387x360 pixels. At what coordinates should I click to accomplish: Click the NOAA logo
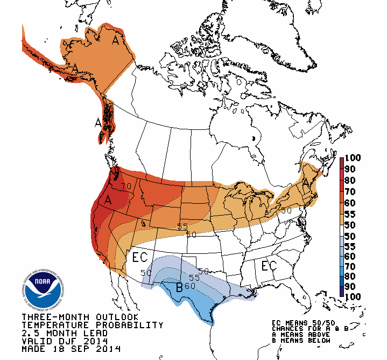point(44,289)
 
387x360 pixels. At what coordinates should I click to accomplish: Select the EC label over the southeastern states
point(269,266)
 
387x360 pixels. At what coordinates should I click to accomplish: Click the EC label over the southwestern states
point(140,257)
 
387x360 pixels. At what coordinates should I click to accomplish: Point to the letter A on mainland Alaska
point(115,40)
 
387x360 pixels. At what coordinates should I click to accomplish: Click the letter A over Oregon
point(108,199)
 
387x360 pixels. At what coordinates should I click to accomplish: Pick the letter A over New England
point(306,184)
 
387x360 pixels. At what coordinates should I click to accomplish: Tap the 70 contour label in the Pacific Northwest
point(126,186)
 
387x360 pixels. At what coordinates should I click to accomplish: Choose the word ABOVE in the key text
point(311,334)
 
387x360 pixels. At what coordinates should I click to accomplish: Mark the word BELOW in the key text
point(311,340)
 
